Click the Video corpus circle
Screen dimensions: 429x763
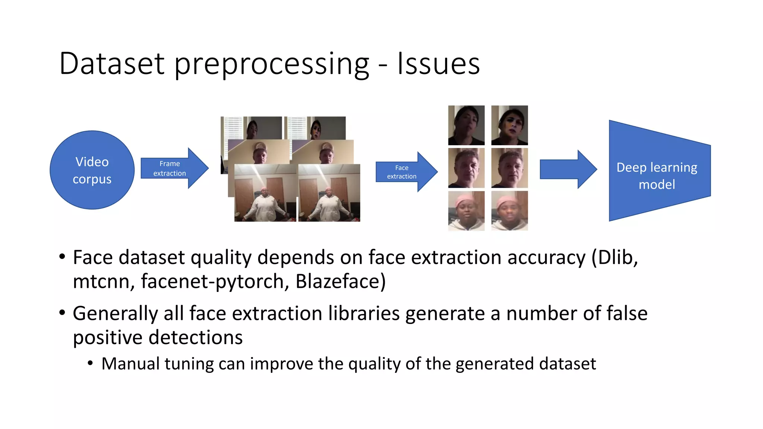(92, 170)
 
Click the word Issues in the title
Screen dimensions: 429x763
(438, 64)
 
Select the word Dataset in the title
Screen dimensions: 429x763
(112, 64)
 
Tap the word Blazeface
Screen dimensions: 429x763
(341, 282)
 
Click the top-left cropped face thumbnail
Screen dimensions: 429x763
(466, 125)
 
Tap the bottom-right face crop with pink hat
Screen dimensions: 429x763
(509, 211)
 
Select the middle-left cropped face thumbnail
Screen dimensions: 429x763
(466, 168)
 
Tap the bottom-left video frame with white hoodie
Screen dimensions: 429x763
(265, 193)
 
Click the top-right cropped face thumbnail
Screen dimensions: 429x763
(509, 125)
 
